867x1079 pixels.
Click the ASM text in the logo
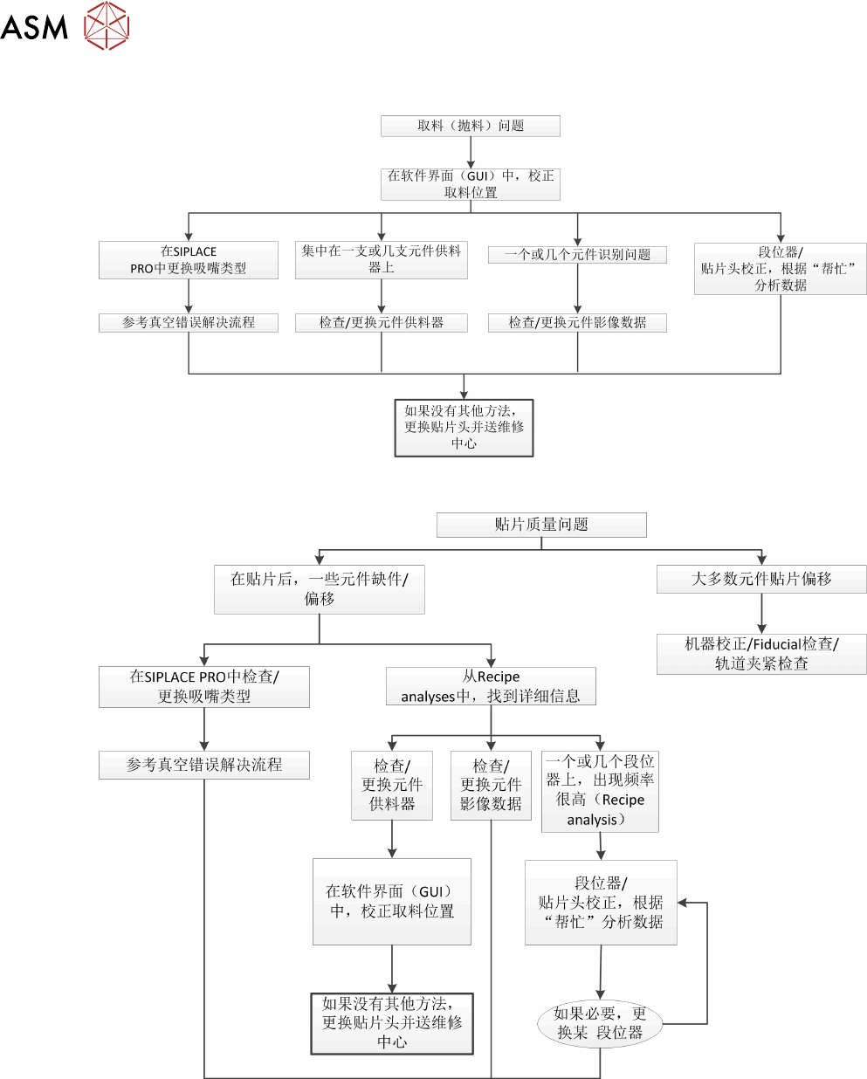(34, 27)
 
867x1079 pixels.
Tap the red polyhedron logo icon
(107, 25)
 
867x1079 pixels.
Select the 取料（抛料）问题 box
(470, 126)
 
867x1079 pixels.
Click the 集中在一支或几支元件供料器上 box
(381, 259)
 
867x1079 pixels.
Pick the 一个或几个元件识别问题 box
(577, 254)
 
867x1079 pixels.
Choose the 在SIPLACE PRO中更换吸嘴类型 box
(189, 259)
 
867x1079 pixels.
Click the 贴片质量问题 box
(541, 525)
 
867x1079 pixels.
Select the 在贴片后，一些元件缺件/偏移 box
(320, 588)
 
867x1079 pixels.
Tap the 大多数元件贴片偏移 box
(761, 579)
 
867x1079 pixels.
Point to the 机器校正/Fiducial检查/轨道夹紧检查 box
(761, 653)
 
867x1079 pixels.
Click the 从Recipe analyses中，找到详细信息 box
(491, 686)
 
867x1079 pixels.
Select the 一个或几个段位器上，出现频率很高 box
(600, 790)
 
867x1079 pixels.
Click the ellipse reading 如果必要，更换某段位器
(600, 1023)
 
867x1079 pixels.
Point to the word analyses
(428, 697)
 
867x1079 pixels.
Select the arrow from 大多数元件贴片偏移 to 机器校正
(762, 614)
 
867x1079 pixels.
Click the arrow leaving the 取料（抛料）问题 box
(471, 152)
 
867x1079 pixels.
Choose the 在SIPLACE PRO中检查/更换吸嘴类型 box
(204, 686)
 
